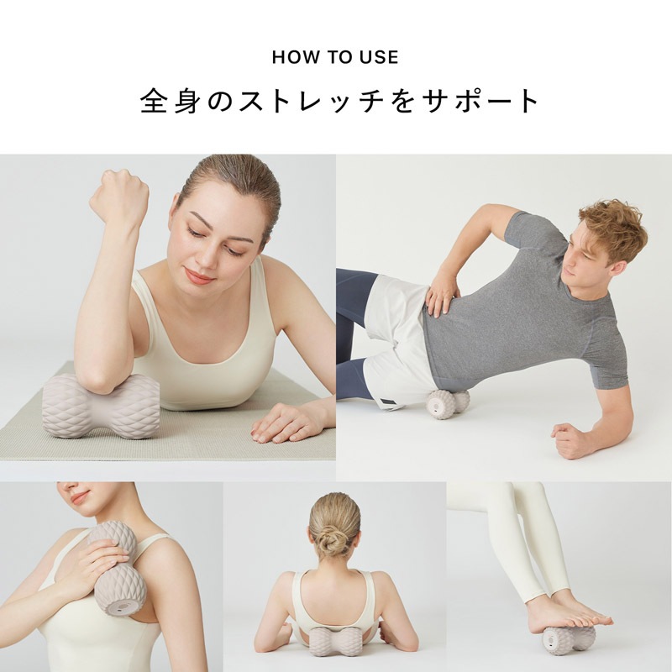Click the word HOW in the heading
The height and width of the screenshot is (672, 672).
click(291, 58)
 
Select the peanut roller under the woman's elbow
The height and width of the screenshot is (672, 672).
click(101, 407)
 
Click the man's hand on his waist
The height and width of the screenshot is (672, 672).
click(440, 295)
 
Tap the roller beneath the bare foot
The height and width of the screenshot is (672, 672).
click(567, 640)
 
